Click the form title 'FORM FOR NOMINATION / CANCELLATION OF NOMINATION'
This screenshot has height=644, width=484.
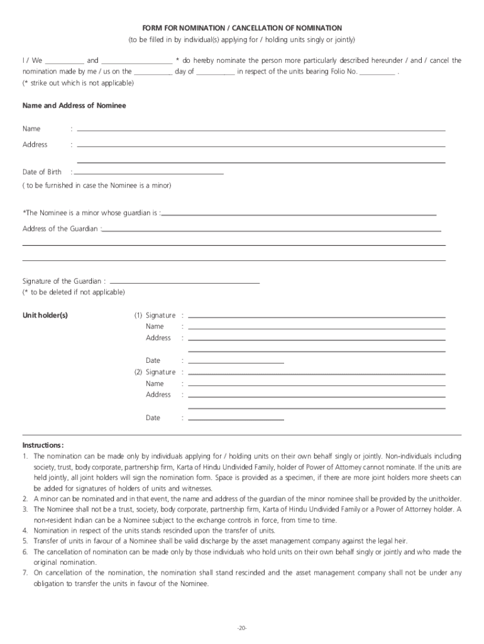(242, 28)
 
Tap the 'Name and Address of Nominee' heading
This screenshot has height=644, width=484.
(74, 106)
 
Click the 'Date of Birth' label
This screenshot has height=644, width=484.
(42, 172)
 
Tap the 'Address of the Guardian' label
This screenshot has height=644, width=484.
(60, 229)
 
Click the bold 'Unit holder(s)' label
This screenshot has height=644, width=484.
(45, 315)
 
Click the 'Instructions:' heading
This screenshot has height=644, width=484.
(43, 445)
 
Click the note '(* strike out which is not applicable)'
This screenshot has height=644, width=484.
(78, 83)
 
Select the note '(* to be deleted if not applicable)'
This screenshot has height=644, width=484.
(74, 292)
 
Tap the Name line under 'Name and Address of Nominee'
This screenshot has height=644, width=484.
(261, 130)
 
